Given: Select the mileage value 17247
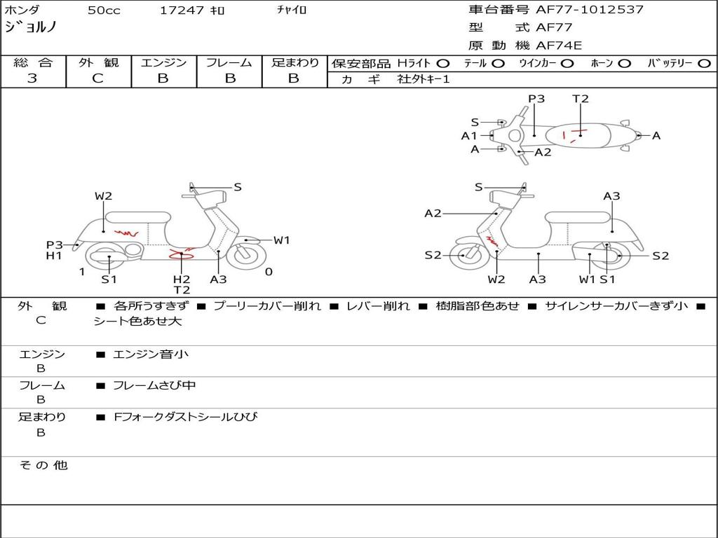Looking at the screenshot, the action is pos(182,11).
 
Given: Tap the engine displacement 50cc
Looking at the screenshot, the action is pos(104,11).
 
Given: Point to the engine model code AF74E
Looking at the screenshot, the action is pos(559,46).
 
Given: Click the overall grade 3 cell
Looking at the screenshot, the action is pos(32,78).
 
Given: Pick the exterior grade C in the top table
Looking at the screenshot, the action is pos(97,78).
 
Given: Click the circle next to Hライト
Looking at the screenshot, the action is pos(443,63).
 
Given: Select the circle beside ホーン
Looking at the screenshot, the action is pos(625,63).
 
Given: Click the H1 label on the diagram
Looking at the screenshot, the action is pos(54,256).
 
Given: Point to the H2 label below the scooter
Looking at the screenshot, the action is pos(182,280).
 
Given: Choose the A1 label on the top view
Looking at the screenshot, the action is pos(469,136).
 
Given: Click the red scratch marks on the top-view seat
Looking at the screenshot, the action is pos(575,134).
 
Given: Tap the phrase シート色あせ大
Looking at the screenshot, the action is pos(137,322).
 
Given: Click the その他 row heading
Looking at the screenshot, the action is pos(43,465).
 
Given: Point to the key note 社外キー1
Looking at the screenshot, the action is pos(424,79).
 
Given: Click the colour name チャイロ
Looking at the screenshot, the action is pos(292,11).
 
